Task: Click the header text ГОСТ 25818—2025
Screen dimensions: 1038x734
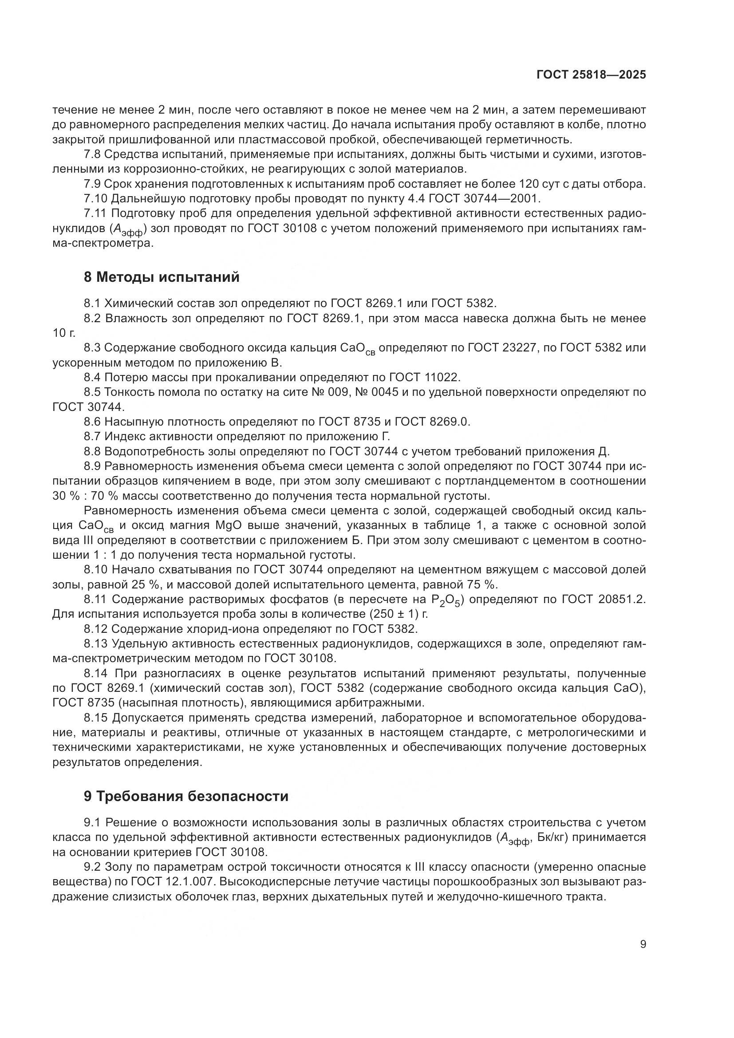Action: pyautogui.click(x=591, y=75)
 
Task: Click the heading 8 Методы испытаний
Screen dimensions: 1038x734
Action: pyautogui.click(x=162, y=277)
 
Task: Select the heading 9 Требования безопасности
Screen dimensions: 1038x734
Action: pyautogui.click(x=186, y=796)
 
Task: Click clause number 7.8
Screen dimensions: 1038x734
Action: pyautogui.click(x=92, y=154)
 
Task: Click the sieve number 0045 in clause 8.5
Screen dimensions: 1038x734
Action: pyautogui.click(x=385, y=392)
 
